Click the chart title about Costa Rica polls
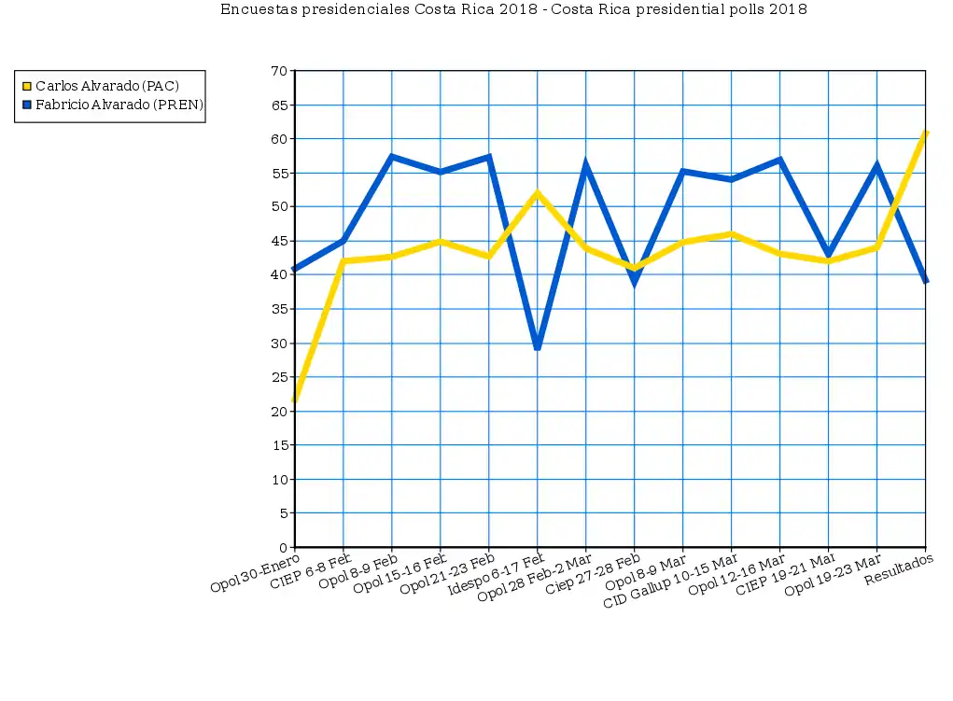[x=513, y=9]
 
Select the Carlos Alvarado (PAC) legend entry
[x=101, y=86]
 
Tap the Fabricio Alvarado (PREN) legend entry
[x=113, y=105]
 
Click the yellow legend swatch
[x=27, y=86]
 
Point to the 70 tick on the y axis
[x=279, y=71]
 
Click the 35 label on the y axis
[x=279, y=309]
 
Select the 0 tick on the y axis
[x=283, y=548]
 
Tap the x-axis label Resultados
[x=898, y=569]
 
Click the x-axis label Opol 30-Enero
[x=255, y=573]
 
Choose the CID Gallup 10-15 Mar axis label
[x=670, y=581]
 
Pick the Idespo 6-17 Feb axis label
[x=496, y=575]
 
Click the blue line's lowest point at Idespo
[x=538, y=348]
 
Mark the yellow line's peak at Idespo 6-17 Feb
[x=538, y=193]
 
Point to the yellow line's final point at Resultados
[x=925, y=133]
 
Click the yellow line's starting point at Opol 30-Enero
[x=295, y=400]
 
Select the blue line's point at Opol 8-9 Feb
[x=392, y=156]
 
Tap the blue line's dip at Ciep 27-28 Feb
[x=635, y=282]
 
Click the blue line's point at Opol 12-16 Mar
[x=779, y=160]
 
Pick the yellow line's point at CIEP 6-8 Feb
[x=343, y=261]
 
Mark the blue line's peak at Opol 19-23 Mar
[x=876, y=164]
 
